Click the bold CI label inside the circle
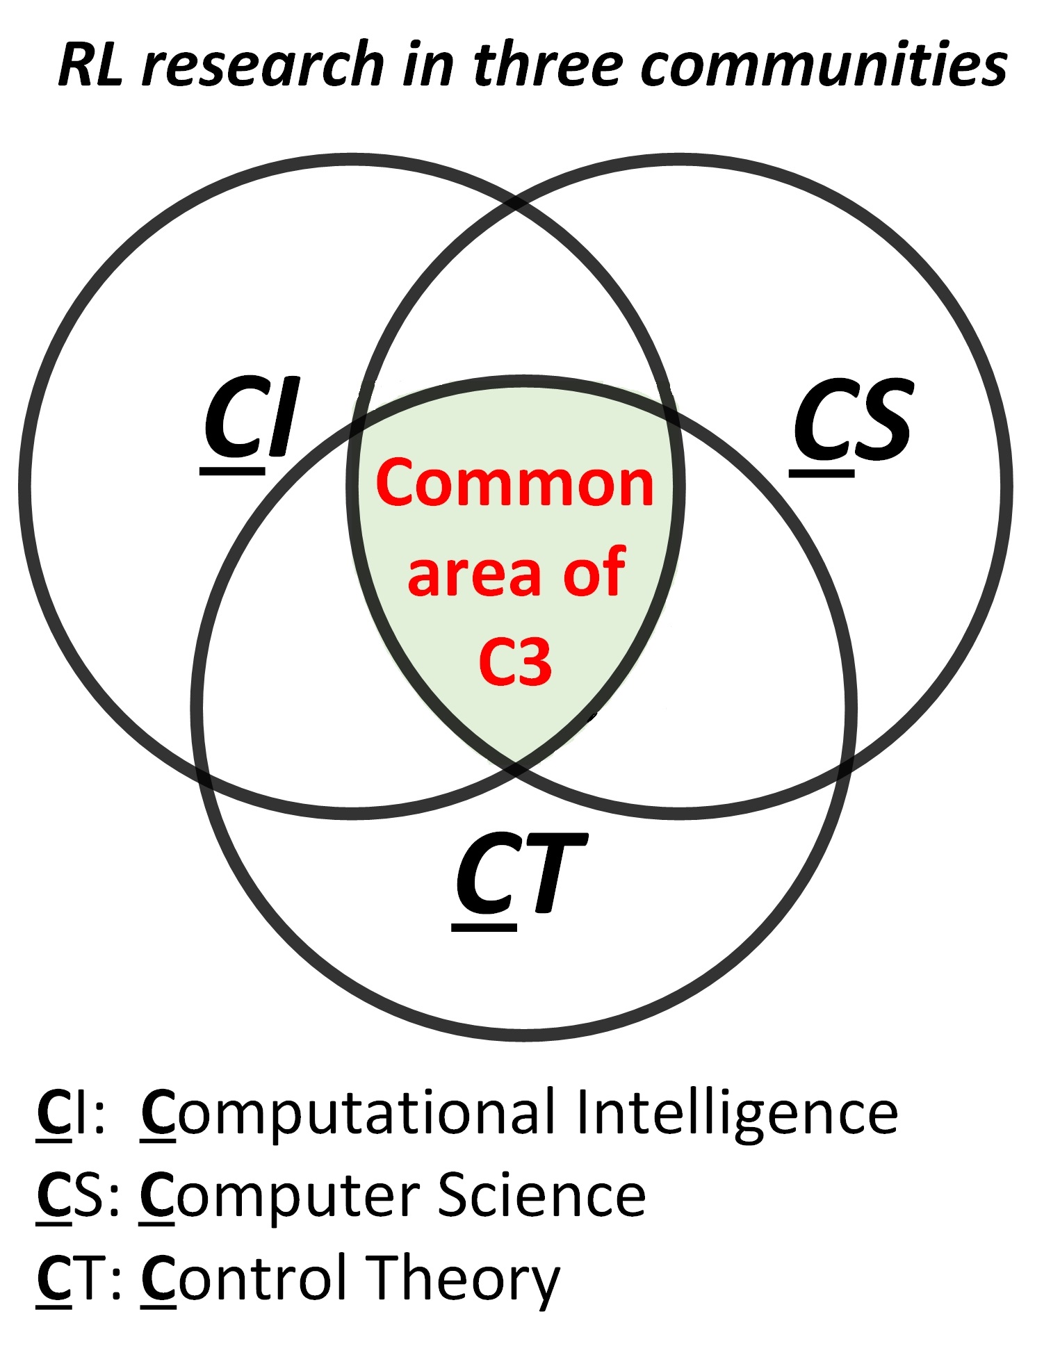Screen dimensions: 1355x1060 click(x=250, y=420)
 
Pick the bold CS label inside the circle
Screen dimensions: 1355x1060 click(x=851, y=421)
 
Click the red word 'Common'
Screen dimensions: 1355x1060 click(x=514, y=484)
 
